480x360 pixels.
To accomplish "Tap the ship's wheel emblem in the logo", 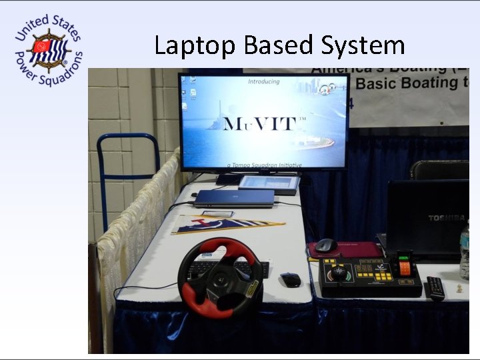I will click(49, 50).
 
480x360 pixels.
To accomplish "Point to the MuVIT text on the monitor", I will click(265, 124).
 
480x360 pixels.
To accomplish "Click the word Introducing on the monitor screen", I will click(264, 82).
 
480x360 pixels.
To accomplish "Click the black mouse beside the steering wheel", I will click(290, 280).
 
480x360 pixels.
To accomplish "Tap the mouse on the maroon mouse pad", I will click(325, 245).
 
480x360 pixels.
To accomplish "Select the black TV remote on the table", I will click(435, 287).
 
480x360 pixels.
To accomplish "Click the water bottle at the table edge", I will click(465, 250).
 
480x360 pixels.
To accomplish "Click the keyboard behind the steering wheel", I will click(260, 269).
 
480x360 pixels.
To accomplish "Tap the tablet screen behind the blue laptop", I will click(268, 182).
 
